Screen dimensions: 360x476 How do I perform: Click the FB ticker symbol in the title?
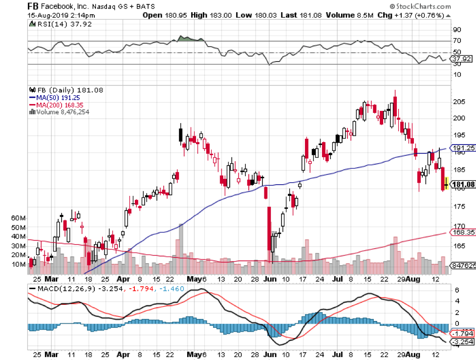(33, 6)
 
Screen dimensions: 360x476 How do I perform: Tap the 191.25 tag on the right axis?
(462, 148)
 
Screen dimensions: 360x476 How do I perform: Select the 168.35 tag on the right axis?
(462, 233)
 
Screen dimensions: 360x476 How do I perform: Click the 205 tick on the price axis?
(458, 102)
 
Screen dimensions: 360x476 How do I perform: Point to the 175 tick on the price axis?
(458, 207)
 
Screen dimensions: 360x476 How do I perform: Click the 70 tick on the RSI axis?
(457, 42)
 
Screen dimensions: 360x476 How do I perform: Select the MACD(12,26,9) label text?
(58, 289)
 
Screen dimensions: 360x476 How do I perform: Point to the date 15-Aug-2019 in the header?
(47, 15)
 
